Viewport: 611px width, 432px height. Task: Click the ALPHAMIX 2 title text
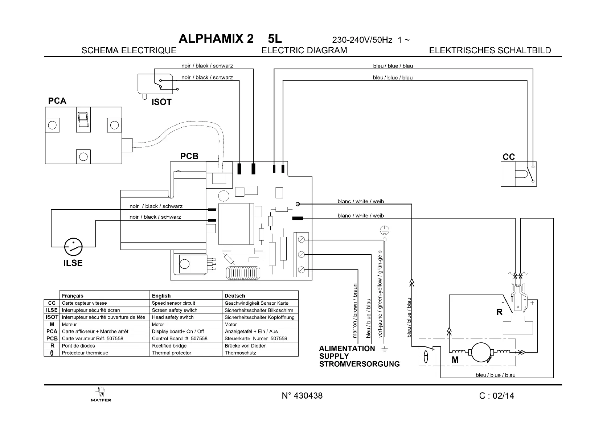pos(216,39)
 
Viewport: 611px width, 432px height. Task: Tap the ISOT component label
pos(161,102)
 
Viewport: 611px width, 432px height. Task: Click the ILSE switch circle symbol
pos(73,247)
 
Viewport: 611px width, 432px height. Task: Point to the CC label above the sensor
pos(509,157)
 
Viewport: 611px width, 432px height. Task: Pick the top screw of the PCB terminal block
pos(301,240)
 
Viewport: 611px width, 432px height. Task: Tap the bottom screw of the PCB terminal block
pos(301,270)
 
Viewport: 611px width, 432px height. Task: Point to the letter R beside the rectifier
pos(500,312)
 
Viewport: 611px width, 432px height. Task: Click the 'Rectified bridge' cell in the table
pos(169,346)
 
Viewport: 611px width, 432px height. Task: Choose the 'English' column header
pos(161,296)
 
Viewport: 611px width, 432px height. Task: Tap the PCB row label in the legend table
pos(52,338)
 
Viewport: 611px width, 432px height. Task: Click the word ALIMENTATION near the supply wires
pos(347,349)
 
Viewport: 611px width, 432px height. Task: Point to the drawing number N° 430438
pos(302,395)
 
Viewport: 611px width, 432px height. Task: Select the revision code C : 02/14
pos(496,396)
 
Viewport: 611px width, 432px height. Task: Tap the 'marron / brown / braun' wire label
pos(355,310)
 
